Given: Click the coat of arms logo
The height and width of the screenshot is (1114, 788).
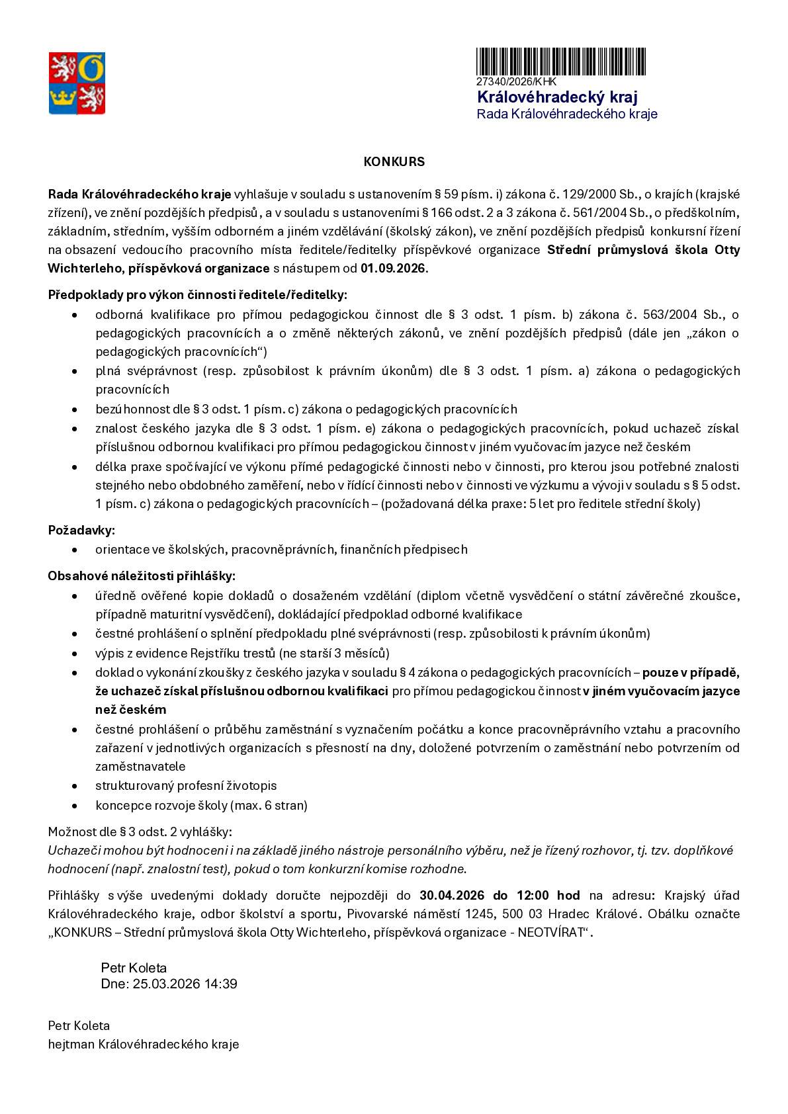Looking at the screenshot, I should [x=77, y=83].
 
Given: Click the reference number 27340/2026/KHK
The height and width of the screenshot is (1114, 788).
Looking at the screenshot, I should [x=517, y=82].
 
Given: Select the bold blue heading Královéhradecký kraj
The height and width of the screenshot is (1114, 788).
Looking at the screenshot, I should [x=557, y=97].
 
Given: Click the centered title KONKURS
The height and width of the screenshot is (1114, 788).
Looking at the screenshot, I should [x=394, y=162].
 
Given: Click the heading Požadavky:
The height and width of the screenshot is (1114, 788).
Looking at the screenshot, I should [x=81, y=531].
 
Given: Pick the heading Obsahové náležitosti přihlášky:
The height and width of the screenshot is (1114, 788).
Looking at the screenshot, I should [x=141, y=577].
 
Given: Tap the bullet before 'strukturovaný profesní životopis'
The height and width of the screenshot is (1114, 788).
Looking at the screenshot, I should [x=78, y=787].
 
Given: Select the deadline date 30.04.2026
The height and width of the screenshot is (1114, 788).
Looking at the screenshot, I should [x=453, y=896].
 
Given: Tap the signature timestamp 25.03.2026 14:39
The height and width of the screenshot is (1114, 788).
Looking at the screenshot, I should [x=185, y=984].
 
